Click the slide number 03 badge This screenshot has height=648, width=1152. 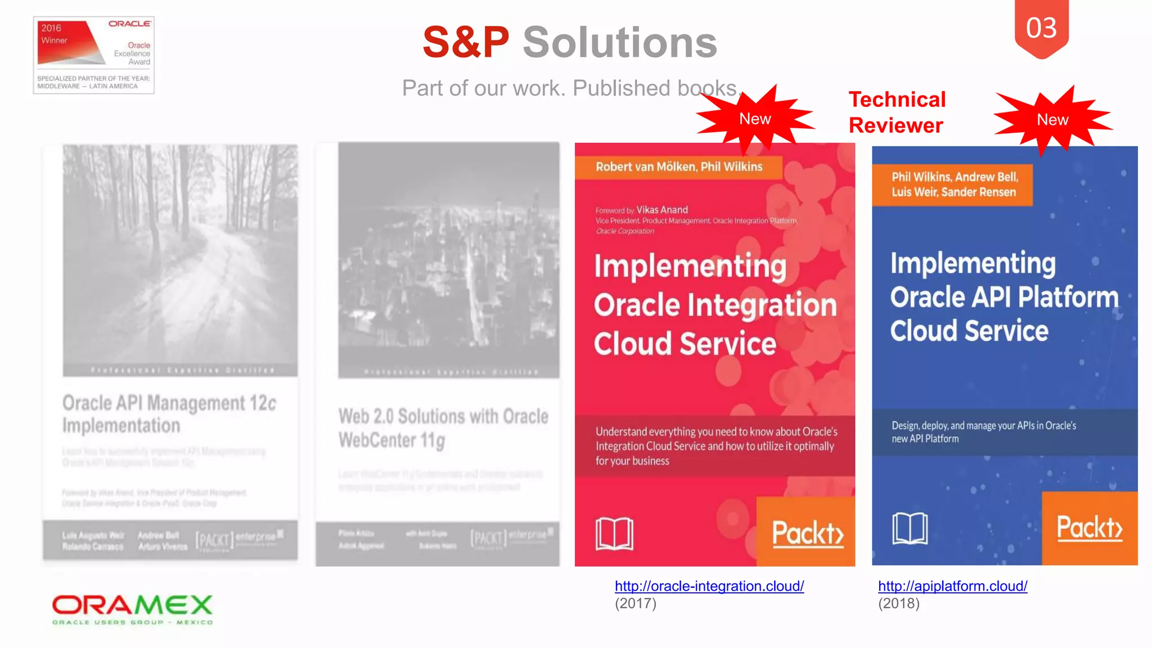(x=1041, y=28)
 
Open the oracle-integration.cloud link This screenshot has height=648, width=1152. (x=709, y=586)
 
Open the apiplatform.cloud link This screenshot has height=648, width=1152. (x=952, y=586)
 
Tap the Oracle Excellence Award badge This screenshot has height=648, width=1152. (x=94, y=55)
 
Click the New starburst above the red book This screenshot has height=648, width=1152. (x=754, y=119)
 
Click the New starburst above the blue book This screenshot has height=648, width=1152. (x=1052, y=119)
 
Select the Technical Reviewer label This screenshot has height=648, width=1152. (x=897, y=112)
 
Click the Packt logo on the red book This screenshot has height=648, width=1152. (x=807, y=532)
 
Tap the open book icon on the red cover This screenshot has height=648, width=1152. (x=614, y=533)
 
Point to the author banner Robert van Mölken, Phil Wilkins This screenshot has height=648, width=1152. (x=679, y=167)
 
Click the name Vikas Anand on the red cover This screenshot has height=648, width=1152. (x=662, y=210)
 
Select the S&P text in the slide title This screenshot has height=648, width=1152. (x=466, y=43)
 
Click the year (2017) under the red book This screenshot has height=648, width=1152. (x=636, y=604)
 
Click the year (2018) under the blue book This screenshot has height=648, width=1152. (x=899, y=604)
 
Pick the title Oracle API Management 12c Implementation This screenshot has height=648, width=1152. (x=169, y=414)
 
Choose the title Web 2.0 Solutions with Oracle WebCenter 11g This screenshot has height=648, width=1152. (x=443, y=427)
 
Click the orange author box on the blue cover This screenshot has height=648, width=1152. (x=953, y=184)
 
